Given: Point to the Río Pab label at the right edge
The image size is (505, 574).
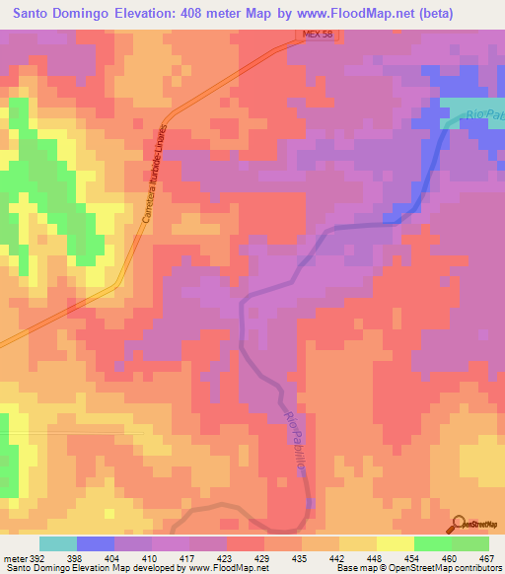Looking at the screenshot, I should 484,113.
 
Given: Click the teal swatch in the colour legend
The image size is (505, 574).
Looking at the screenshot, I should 58,543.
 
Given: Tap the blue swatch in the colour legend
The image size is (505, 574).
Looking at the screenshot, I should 96,543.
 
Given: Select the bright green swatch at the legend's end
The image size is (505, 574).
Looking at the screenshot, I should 469,543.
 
